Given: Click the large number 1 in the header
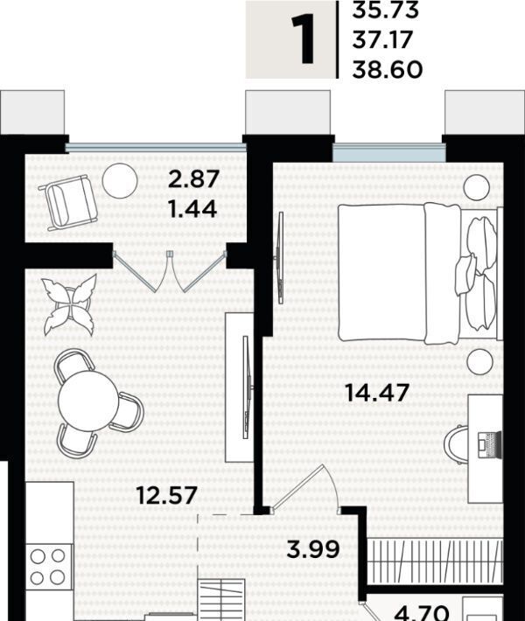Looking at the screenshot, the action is pos(303,39).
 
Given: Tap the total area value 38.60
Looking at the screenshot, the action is pos(387,70).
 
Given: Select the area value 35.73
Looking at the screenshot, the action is pos(385,10).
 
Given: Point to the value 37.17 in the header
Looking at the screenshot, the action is pos(382,40).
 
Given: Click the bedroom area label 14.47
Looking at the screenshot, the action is pos(377,393).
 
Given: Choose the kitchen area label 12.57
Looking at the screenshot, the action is pos(166,495).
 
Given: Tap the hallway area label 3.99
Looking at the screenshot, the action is pos(313,549).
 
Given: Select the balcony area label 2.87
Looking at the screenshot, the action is pos(193,178).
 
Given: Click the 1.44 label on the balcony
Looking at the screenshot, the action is pos(193,209).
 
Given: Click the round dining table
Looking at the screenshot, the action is pos(88,401).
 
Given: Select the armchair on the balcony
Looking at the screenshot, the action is pos(68,202).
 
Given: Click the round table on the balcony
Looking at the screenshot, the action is pos(120,180).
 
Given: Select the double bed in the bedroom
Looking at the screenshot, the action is pos(417,272).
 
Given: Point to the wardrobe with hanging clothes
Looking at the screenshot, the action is pos(434,561).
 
